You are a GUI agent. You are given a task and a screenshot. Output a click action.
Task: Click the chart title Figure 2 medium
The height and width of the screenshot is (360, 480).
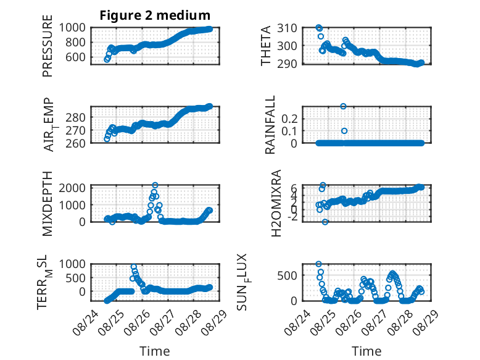click(x=155, y=15)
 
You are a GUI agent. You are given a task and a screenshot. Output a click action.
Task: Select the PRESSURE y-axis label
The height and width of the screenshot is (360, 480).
click(x=48, y=46)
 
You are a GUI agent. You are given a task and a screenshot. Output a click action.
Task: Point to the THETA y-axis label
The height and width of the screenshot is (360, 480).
click(x=266, y=46)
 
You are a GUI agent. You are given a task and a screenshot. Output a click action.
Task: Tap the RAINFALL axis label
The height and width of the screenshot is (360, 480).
click(x=270, y=125)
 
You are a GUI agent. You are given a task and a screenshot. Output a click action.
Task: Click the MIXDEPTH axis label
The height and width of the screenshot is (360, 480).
click(x=48, y=204)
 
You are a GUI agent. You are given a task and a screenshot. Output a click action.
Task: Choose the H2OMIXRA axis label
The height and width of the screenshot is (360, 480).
click(x=276, y=203)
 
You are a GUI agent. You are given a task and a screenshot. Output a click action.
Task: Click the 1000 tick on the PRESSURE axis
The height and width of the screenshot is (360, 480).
click(x=72, y=28)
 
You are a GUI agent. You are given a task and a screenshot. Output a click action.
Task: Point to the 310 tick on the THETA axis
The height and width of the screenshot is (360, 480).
click(x=287, y=28)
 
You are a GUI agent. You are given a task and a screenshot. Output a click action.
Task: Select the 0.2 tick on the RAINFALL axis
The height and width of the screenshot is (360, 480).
click(x=289, y=119)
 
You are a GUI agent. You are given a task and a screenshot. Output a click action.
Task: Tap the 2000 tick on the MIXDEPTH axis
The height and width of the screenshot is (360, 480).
click(x=72, y=188)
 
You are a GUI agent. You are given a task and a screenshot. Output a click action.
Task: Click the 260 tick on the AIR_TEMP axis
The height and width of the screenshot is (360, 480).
click(x=76, y=143)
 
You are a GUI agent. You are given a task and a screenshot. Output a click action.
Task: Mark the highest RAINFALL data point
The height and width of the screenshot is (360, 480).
click(x=343, y=106)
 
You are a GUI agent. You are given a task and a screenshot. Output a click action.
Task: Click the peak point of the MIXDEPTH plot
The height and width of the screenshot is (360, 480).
click(x=155, y=185)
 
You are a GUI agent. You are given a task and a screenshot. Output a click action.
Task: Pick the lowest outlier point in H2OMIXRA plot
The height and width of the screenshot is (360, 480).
click(x=325, y=222)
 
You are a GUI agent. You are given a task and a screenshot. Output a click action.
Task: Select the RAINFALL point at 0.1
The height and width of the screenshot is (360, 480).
click(x=344, y=131)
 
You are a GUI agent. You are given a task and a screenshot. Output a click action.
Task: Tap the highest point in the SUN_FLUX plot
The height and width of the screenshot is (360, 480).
click(x=319, y=264)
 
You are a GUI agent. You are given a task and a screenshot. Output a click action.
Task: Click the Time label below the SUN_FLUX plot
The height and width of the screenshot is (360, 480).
click(x=366, y=351)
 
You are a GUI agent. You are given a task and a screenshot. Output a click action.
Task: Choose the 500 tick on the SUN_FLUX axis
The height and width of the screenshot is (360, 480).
click(x=287, y=275)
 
